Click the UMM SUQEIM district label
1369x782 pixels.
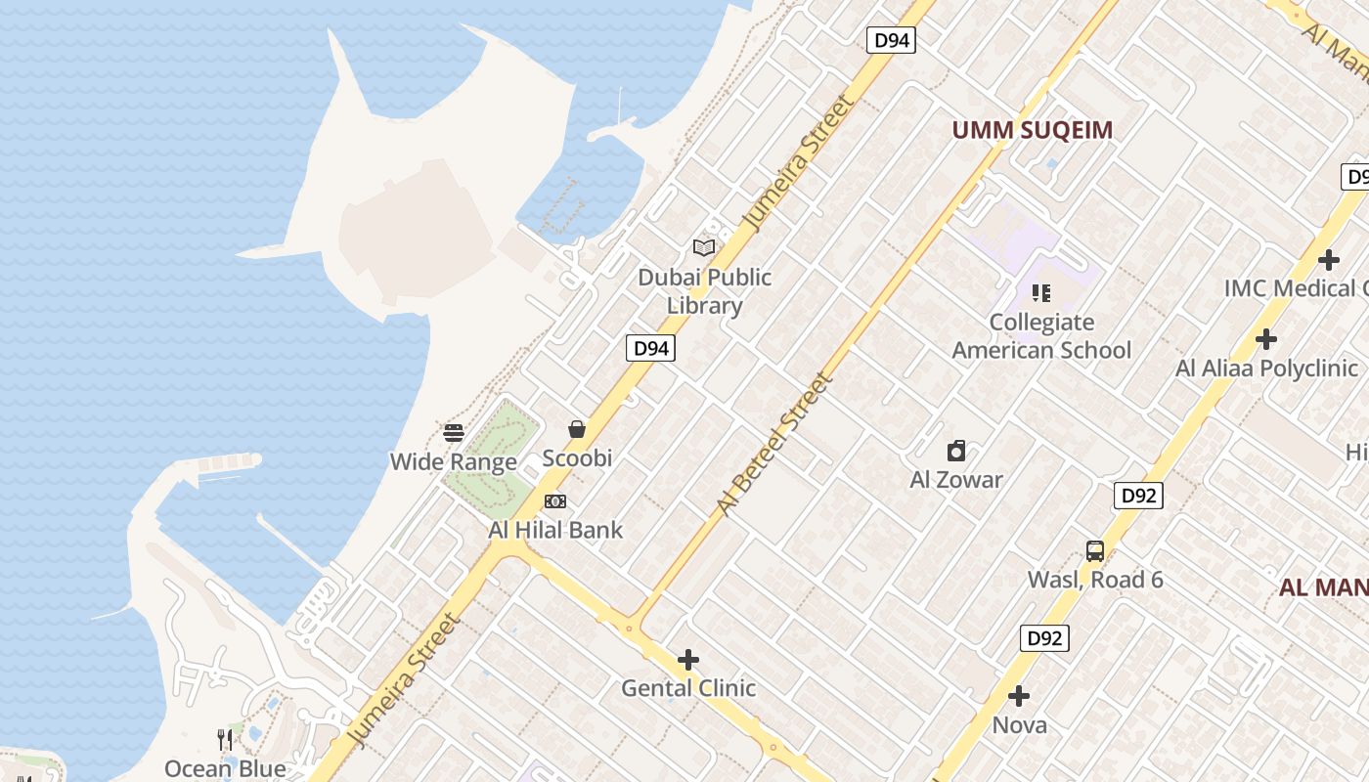point(1033,130)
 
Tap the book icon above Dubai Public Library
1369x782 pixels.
point(704,248)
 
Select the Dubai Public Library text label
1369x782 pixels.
point(704,291)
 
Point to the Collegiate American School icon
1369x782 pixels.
point(1040,293)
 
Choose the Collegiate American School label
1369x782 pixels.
point(1040,336)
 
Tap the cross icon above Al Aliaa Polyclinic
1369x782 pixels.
point(1266,339)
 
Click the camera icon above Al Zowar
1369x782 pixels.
point(956,451)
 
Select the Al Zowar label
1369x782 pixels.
point(956,479)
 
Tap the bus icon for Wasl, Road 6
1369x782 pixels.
point(1094,551)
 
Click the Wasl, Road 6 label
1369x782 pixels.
point(1095,580)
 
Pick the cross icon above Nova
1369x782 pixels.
point(1019,696)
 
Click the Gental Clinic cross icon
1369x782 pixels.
point(688,660)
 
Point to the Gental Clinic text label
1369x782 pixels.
point(688,688)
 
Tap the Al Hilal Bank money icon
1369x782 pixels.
point(555,501)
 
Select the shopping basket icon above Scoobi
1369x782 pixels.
point(577,429)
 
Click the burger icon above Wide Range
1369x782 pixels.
point(454,433)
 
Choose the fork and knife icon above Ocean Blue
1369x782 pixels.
point(225,739)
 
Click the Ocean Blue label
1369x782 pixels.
point(225,768)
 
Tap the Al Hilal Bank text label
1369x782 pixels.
point(555,530)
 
